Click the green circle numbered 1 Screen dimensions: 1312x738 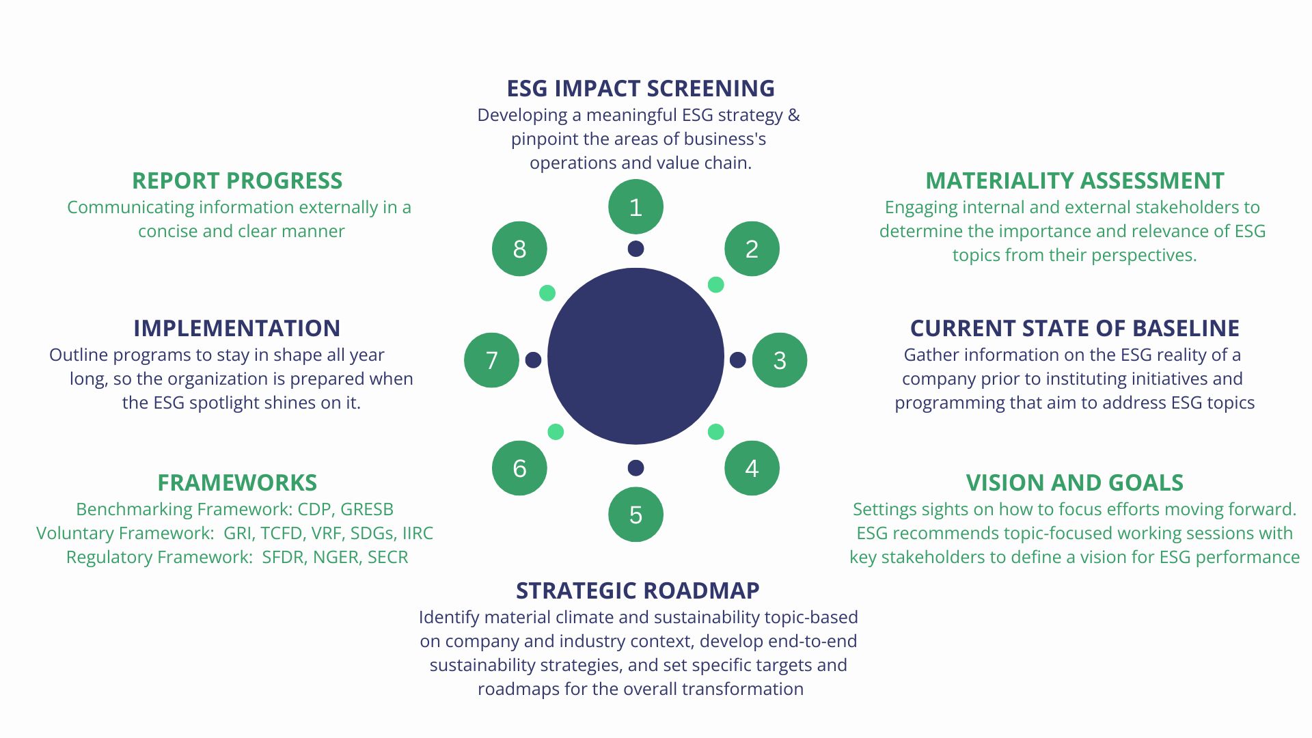[635, 206]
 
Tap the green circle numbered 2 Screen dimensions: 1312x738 [752, 249]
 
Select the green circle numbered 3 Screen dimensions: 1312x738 [780, 360]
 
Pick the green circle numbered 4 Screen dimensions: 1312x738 [752, 468]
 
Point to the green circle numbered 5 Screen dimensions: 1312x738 [635, 515]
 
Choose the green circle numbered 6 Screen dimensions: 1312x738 [519, 468]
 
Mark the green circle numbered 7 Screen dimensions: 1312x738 [491, 360]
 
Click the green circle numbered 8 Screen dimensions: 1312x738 [519, 249]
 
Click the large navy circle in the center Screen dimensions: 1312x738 [635, 356]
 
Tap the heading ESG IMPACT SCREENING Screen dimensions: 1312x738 [640, 89]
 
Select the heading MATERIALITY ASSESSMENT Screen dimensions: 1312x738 [1075, 181]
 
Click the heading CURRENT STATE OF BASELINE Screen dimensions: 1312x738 [1075, 329]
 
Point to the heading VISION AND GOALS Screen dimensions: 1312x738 [1075, 483]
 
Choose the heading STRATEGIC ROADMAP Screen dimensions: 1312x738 [638, 591]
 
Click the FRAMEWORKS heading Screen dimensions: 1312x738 [237, 483]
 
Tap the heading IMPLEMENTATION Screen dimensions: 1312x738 [237, 329]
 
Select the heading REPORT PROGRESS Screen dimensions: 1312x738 [237, 181]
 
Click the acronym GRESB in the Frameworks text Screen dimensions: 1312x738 [367, 510]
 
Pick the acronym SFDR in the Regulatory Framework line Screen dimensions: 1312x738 [283, 558]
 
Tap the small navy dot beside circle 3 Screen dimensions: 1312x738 [738, 360]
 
